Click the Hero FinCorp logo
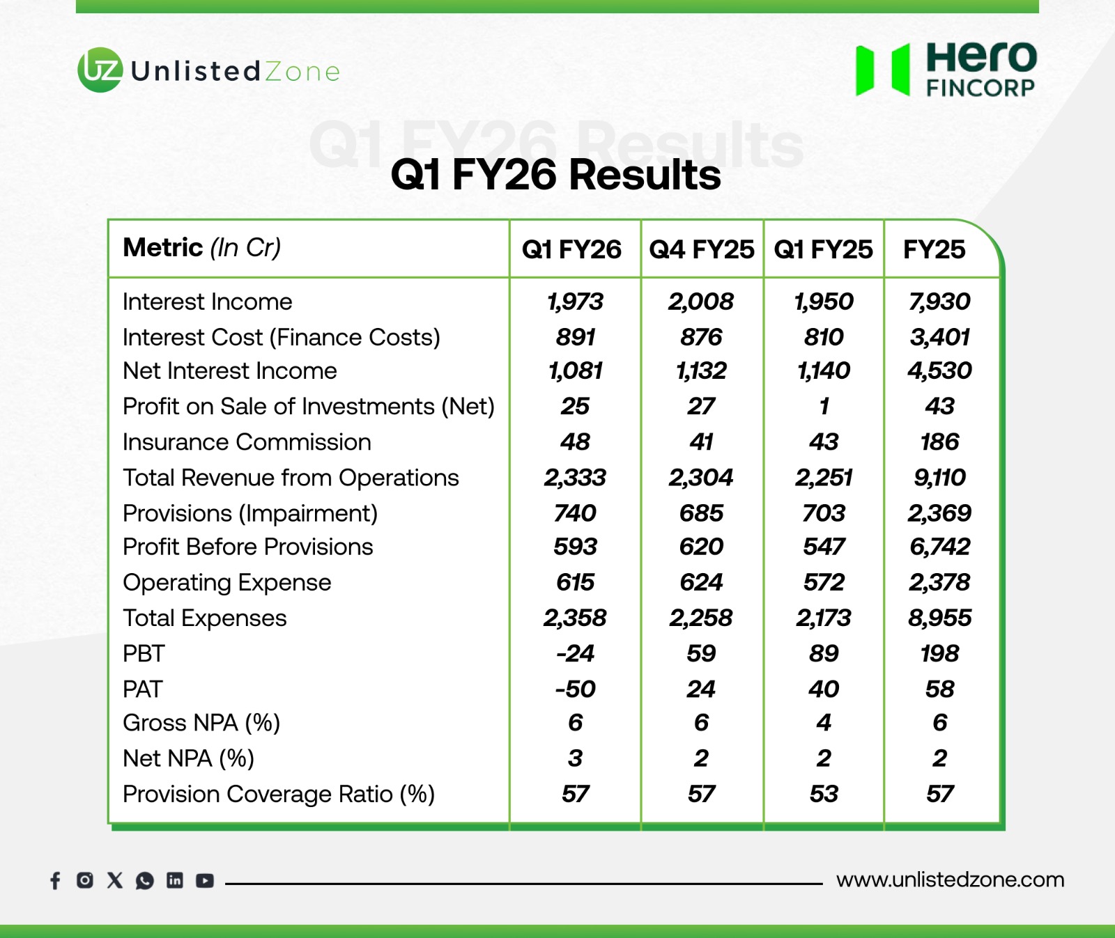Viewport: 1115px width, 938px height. point(946,69)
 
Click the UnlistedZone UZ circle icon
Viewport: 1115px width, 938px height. point(100,70)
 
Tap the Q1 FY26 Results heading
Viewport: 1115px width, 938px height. point(555,174)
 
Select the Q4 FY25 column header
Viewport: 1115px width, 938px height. point(701,249)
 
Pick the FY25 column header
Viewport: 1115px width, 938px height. point(934,249)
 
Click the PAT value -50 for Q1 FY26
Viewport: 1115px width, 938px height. point(575,689)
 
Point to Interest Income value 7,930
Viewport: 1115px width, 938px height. point(939,302)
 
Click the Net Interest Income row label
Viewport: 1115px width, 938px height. point(230,370)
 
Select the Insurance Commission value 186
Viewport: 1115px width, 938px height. point(939,441)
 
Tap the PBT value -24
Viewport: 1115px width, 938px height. point(575,653)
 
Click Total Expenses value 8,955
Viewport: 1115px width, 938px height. point(939,618)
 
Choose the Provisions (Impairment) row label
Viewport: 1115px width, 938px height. point(250,513)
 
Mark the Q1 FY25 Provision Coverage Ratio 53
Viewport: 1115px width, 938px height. point(824,794)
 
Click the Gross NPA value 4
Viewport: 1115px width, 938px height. point(824,723)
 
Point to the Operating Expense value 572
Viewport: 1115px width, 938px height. point(824,582)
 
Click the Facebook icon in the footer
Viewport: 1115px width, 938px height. point(56,881)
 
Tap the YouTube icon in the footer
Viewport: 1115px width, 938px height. point(205,881)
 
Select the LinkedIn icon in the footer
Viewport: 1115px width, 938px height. point(175,880)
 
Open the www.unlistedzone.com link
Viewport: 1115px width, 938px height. point(951,880)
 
